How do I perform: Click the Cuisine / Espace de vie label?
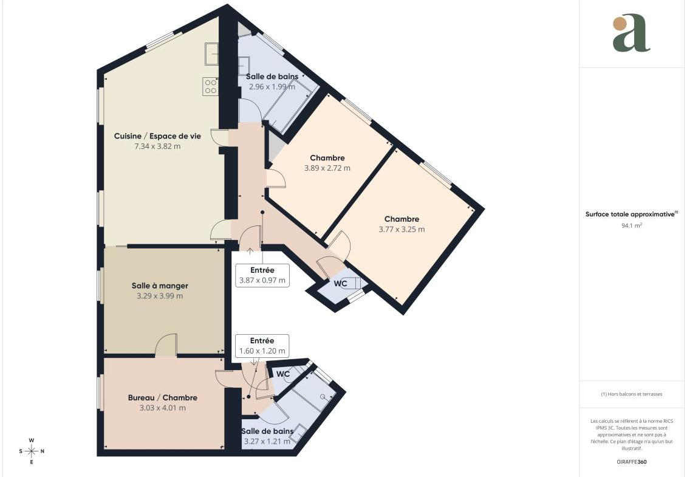(x=157, y=136)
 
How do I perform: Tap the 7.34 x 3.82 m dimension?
(x=157, y=146)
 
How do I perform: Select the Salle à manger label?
(x=160, y=286)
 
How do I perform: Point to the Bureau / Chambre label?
(x=163, y=397)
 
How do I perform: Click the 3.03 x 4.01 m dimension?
(x=163, y=408)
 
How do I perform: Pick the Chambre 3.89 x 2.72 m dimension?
(x=327, y=168)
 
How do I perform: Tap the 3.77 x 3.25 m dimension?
(x=402, y=229)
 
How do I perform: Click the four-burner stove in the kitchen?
(x=210, y=86)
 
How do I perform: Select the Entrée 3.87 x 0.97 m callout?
(x=262, y=275)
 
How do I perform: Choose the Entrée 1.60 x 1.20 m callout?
(x=262, y=346)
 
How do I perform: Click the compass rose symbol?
(x=32, y=451)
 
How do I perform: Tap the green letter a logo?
(x=631, y=33)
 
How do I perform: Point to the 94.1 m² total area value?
(x=631, y=225)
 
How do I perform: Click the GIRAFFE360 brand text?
(x=631, y=462)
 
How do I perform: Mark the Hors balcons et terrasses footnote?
(x=631, y=394)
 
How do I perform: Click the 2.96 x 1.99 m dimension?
(x=272, y=87)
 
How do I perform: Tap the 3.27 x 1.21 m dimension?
(x=267, y=442)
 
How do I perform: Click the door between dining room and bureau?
(x=166, y=345)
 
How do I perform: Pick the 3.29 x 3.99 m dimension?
(x=160, y=296)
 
